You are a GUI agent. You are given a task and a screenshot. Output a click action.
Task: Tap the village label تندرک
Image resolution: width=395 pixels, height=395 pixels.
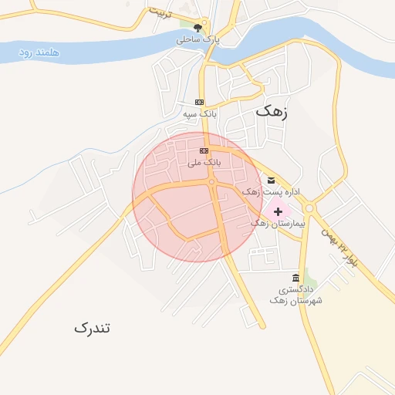[92, 328]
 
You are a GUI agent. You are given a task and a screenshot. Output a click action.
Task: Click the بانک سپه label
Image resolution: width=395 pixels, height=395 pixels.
[200, 113]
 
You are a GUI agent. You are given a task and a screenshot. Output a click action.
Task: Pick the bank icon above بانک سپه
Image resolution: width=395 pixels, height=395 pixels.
[199, 103]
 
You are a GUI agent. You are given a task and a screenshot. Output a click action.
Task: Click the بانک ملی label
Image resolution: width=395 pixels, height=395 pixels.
[204, 163]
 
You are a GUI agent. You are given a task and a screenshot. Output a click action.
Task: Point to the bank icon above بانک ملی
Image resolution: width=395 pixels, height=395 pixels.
[204, 151]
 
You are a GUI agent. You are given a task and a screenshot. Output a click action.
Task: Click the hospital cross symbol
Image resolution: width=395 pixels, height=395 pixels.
[277, 211]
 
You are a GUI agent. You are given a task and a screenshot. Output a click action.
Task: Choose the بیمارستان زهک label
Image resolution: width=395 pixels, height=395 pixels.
[279, 222]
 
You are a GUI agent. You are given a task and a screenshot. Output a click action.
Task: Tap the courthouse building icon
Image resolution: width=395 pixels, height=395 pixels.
[295, 278]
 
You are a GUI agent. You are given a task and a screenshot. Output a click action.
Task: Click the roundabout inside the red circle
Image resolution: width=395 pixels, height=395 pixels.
[211, 183]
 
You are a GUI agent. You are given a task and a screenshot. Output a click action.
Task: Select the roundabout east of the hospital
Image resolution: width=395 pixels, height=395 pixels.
[309, 208]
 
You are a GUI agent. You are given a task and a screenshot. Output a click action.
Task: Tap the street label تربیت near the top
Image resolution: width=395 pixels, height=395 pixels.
[160, 12]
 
